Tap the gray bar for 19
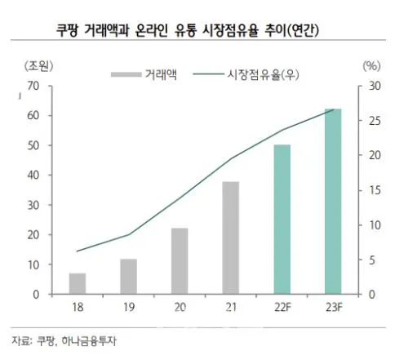pyautogui.click(x=129, y=277)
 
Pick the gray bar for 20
pyautogui.click(x=180, y=261)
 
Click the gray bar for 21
pyautogui.click(x=231, y=238)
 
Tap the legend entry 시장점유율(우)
pyautogui.click(x=249, y=73)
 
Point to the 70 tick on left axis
pyautogui.click(x=33, y=86)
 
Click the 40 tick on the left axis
pyautogui.click(x=33, y=176)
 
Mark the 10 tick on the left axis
pyautogui.click(x=33, y=264)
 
